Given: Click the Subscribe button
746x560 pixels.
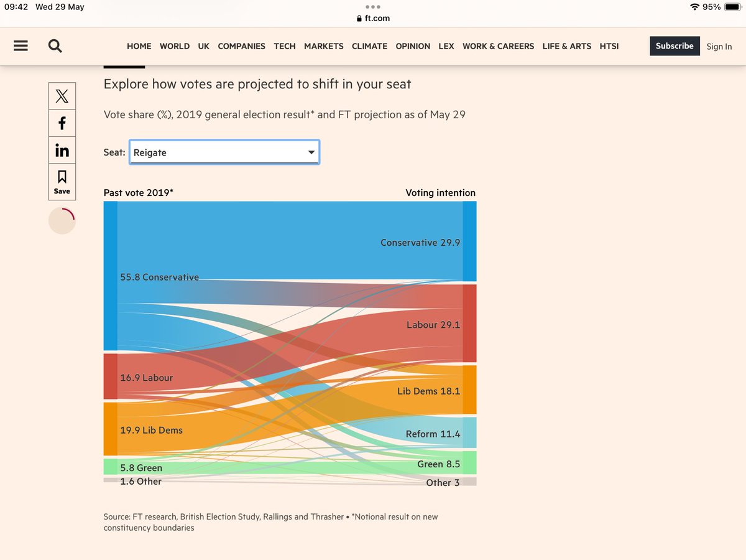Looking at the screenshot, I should (x=675, y=46).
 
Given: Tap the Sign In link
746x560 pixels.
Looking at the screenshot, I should (x=719, y=47).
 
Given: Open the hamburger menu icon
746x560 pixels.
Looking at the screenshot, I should (x=21, y=46).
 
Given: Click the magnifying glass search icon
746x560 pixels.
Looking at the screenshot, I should (x=55, y=46).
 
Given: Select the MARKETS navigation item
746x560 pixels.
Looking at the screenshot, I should (x=323, y=47).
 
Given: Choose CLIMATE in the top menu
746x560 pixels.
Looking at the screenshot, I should (x=369, y=47).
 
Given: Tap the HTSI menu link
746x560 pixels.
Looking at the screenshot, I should (x=609, y=47).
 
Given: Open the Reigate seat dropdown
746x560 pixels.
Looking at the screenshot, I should (x=224, y=152).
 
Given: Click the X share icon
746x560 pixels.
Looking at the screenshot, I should (x=62, y=96).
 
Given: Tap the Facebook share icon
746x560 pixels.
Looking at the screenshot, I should (x=62, y=123).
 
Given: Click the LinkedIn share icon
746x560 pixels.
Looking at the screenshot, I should (x=62, y=151).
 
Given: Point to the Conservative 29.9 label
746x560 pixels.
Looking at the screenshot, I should (x=420, y=243).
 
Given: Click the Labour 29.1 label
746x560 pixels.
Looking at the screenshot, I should (x=433, y=325).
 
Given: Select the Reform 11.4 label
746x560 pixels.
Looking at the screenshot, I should (x=433, y=434).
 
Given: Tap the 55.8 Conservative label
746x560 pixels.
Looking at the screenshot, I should (x=159, y=278).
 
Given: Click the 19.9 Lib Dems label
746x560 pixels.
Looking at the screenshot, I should (x=151, y=430).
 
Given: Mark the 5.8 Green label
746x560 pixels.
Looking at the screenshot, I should (x=141, y=468).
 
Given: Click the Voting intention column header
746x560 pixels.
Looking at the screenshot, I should (x=440, y=193).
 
